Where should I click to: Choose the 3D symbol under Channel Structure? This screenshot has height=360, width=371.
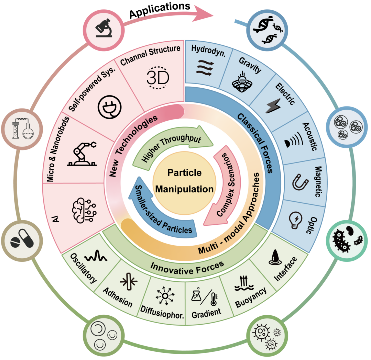pos(158,78)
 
